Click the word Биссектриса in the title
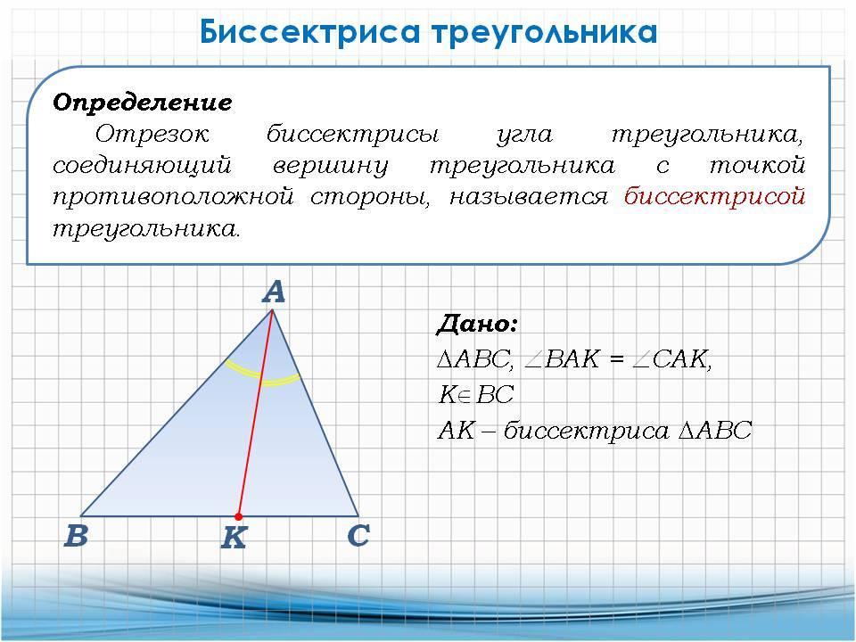(309, 32)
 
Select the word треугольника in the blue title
(546, 33)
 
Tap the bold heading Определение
(143, 103)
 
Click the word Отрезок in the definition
(152, 133)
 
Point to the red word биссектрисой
(714, 196)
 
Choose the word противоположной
(174, 196)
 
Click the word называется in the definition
(529, 196)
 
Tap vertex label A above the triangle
(274, 292)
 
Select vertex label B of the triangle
(76, 535)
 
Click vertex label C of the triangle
(358, 535)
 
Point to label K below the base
(234, 538)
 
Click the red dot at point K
(239, 516)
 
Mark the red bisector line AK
(256, 413)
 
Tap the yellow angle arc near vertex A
(262, 376)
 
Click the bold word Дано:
(476, 324)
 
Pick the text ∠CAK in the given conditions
(671, 359)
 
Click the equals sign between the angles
(616, 359)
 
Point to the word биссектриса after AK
(587, 432)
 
